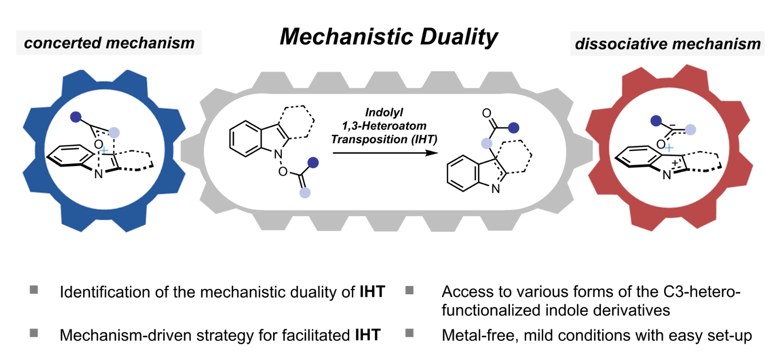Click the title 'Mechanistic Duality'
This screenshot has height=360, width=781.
tap(389, 37)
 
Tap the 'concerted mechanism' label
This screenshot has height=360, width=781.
tap(109, 43)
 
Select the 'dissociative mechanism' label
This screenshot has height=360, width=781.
tap(668, 44)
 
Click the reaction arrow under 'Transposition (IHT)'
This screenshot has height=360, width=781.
tap(385, 153)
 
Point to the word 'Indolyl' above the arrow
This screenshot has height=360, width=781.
tap(384, 112)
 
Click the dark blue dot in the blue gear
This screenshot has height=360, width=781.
tap(76, 117)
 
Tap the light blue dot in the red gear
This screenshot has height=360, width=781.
tap(690, 130)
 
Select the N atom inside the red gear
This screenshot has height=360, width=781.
tap(667, 175)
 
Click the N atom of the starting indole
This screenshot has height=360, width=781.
tap(278, 154)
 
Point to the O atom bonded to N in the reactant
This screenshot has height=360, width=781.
tap(283, 172)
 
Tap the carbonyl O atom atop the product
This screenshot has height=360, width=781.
tap(487, 113)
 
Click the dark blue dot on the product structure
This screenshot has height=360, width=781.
tap(514, 128)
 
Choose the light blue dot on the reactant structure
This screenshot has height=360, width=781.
tap(305, 192)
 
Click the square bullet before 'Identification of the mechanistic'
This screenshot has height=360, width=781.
tap(34, 290)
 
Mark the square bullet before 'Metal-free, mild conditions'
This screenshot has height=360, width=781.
tap(410, 333)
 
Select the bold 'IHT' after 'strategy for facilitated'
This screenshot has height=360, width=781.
tap(368, 335)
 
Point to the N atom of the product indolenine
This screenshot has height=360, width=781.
tap(495, 189)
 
